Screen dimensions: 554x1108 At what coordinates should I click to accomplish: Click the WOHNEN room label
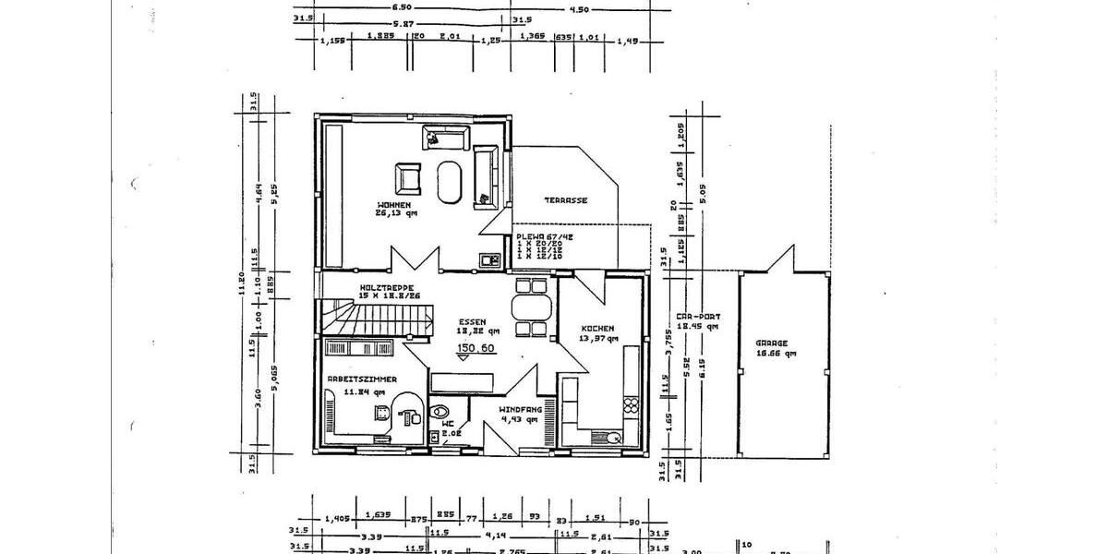point(393,204)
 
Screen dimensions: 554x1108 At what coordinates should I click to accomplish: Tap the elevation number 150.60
point(476,348)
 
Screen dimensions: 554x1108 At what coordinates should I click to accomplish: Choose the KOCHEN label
point(596,328)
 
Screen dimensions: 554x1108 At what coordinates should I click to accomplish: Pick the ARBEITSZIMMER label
point(362,379)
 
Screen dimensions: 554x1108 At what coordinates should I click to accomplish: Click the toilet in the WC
point(440,414)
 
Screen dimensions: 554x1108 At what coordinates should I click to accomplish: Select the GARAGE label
point(773,343)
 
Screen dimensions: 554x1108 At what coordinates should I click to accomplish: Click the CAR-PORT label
point(697,316)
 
